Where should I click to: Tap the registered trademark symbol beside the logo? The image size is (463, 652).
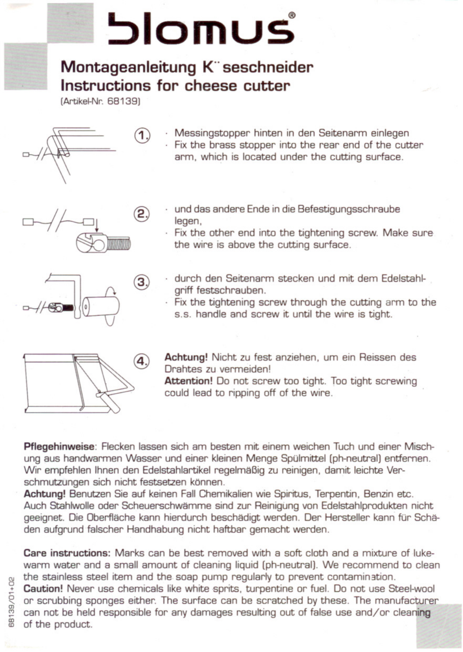pyautogui.click(x=292, y=15)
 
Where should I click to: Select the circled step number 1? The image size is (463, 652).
pyautogui.click(x=142, y=136)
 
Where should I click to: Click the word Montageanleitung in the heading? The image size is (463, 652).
pyautogui.click(x=128, y=68)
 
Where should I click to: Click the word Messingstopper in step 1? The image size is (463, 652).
pyautogui.click(x=212, y=134)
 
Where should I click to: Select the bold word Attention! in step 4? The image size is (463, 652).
pyautogui.click(x=188, y=381)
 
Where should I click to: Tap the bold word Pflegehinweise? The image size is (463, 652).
pyautogui.click(x=59, y=447)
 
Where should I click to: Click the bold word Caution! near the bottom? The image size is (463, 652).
pyautogui.click(x=43, y=588)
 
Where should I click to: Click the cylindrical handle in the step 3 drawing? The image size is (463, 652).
pyautogui.click(x=101, y=307)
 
